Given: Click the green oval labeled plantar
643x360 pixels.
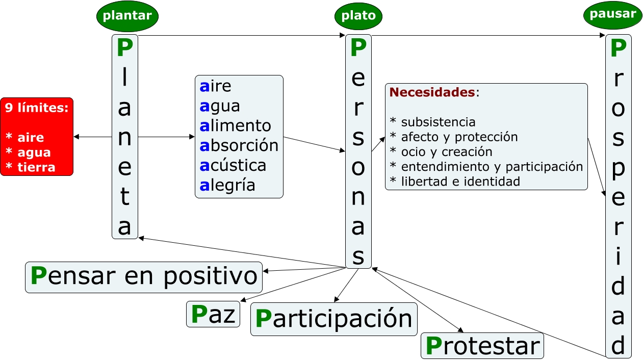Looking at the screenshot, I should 127,16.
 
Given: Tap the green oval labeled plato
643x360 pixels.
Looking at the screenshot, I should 358,16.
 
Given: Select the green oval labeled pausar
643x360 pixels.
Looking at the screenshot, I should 612,14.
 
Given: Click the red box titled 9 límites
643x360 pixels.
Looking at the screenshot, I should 37,137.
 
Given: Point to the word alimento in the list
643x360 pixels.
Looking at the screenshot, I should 235,126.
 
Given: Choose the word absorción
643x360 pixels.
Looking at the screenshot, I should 239,146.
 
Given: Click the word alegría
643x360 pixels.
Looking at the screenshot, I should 227,186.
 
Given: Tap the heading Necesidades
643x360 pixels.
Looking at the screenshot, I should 432,92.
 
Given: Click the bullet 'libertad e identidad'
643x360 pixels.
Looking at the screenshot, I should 454,181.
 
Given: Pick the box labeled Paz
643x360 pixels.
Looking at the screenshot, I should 213,315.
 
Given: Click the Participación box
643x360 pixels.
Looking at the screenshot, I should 333,319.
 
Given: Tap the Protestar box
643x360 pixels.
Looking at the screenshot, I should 482,346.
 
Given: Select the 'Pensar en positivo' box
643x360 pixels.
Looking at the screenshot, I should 144,277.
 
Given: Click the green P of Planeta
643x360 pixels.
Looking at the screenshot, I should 124,48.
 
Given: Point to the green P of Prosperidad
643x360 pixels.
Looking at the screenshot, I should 618,48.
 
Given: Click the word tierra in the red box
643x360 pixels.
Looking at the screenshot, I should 36,167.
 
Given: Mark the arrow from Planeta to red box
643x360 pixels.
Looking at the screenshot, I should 93,137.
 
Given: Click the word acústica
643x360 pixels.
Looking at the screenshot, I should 233,166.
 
